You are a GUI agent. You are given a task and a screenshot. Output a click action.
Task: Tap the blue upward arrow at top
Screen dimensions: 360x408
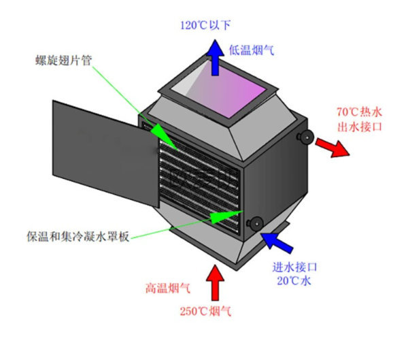(x=215, y=56)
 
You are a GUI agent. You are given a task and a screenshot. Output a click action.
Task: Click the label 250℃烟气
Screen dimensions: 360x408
(x=205, y=312)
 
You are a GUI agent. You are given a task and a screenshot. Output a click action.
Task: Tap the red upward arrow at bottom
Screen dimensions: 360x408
(x=216, y=280)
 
